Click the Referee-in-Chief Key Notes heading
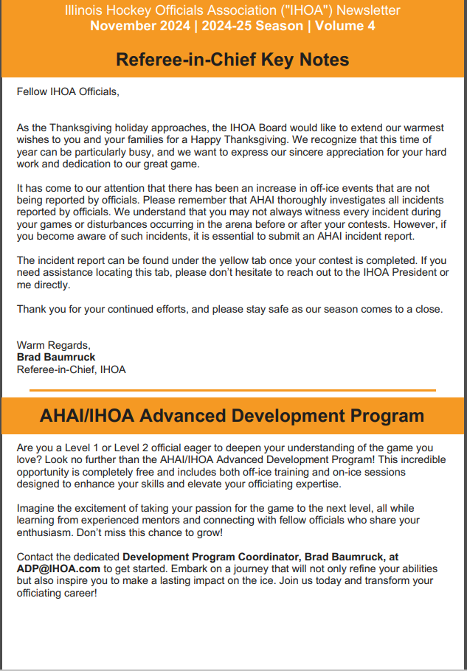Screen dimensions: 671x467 pos(232,59)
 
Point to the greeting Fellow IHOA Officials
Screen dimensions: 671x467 pos(67,92)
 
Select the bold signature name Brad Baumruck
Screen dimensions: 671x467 pos(56,357)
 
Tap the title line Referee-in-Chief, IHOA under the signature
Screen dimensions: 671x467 pos(71,369)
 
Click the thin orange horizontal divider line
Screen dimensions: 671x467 pos(233,389)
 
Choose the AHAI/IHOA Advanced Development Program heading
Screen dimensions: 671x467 pos(232,416)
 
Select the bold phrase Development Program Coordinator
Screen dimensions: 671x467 pos(204,557)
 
